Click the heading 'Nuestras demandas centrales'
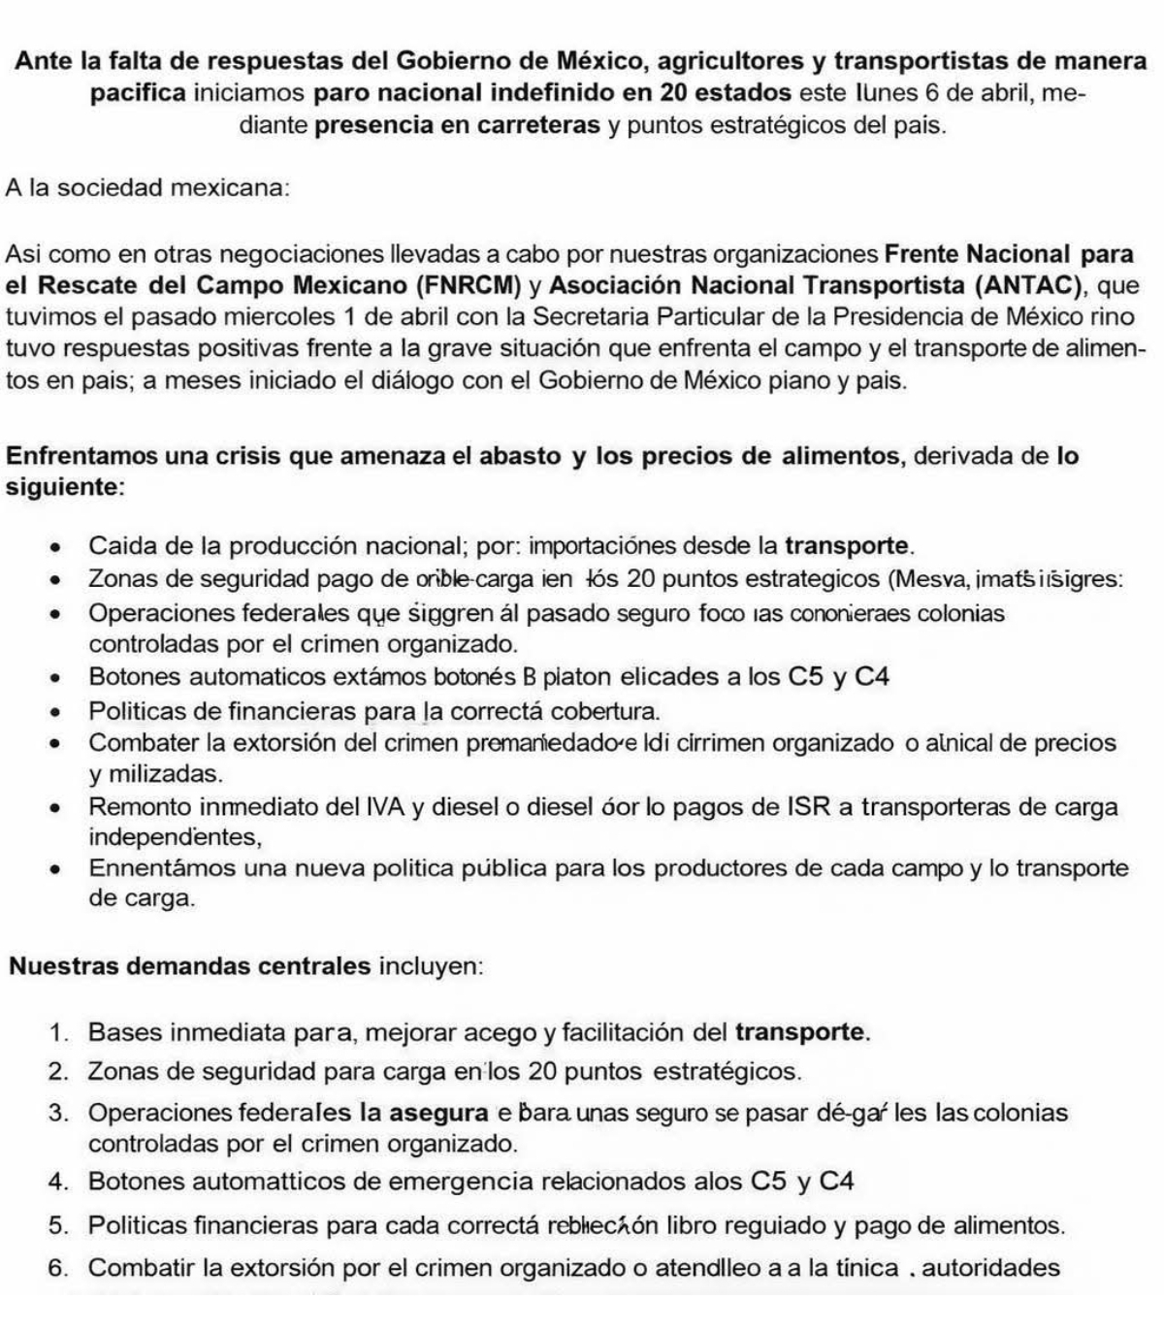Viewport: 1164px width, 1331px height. [x=190, y=966]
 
